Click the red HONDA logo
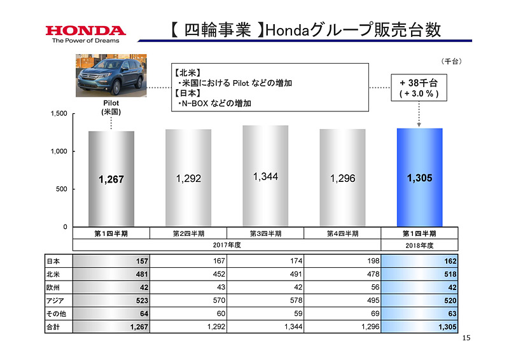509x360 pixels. [x=85, y=30]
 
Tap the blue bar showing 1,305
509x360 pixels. [x=419, y=177]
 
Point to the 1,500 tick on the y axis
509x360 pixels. [x=59, y=114]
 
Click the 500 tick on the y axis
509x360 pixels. [x=62, y=190]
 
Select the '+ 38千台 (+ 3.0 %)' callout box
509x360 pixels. [x=419, y=88]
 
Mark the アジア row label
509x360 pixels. [x=56, y=300]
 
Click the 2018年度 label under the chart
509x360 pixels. [x=419, y=245]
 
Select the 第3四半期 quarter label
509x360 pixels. [x=265, y=233]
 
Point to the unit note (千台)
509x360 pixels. [x=450, y=62]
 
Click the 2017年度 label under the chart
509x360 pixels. [x=226, y=245]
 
